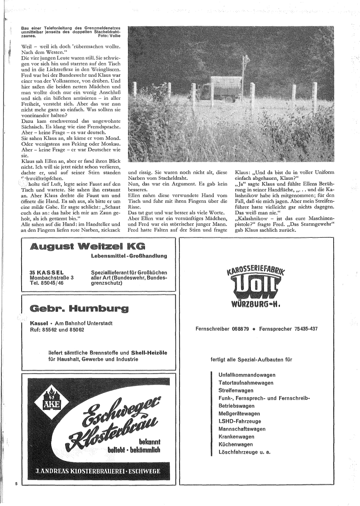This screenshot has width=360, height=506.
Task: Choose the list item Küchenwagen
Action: click(236, 444)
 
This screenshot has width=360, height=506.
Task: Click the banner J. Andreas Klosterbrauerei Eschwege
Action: click(99, 471)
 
